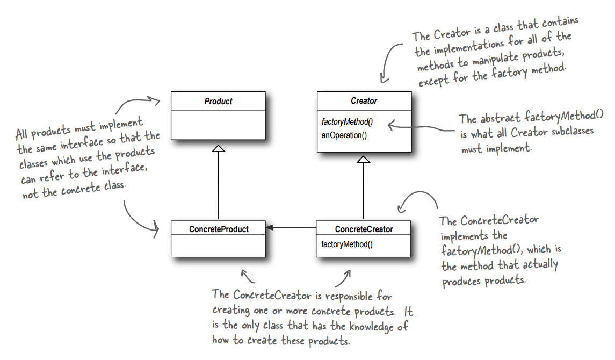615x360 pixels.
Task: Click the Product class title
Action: point(218,101)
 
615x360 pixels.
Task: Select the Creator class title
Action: point(364,101)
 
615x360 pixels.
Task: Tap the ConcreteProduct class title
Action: point(219,229)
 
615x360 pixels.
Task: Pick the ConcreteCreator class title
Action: point(364,229)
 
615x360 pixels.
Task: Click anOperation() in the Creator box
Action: point(344,135)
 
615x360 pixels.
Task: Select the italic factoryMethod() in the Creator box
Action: point(347,123)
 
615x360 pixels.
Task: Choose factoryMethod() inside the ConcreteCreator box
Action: point(346,244)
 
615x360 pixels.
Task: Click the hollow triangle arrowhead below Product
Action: point(218,148)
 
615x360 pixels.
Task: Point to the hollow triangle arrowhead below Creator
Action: point(364,159)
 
